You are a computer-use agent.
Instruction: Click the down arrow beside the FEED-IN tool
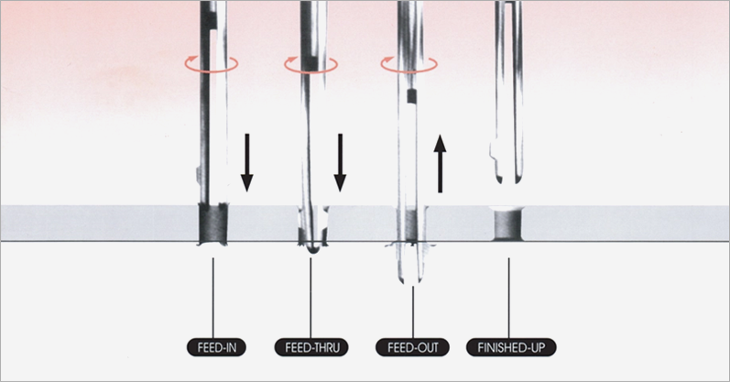coord(246,160)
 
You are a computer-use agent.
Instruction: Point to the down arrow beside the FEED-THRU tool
coord(340,160)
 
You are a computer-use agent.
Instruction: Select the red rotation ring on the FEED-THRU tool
coord(310,63)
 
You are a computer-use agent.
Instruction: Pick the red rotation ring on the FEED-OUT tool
coord(409,63)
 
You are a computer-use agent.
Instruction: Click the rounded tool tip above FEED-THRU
coord(312,243)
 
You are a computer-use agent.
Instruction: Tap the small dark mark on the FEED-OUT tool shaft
coord(411,94)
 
